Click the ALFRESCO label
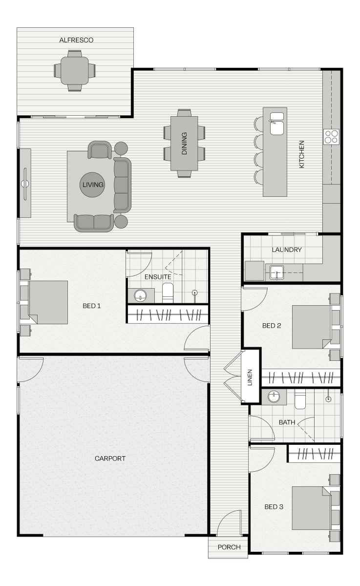[76, 40]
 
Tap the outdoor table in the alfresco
[75, 71]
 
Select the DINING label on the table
[184, 144]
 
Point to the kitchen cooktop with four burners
[331, 137]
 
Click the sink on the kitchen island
[277, 124]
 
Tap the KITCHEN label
[301, 154]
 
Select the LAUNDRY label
[287, 250]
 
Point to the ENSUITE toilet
[168, 293]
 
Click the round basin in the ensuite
[141, 295]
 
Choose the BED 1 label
[91, 306]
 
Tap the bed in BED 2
[312, 327]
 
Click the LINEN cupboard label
[250, 377]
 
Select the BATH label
[287, 422]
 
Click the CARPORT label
[110, 459]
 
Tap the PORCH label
[229, 547]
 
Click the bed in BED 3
[312, 508]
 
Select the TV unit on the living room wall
[25, 183]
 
